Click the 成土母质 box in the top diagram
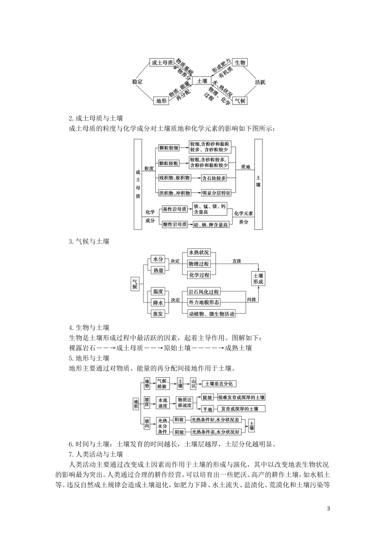162,62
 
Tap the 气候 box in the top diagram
240,100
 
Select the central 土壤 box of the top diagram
202,81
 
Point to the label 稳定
137,81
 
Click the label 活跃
260,82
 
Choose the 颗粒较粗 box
169,163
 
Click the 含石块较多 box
214,178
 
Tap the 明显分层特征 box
216,193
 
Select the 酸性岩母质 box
175,224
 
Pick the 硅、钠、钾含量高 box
211,225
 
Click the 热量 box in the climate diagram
158,270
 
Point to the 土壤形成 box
258,278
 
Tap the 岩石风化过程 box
204,291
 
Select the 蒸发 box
158,314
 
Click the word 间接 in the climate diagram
252,300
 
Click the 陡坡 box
207,397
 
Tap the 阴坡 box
179,432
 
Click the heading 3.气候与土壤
89,241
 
